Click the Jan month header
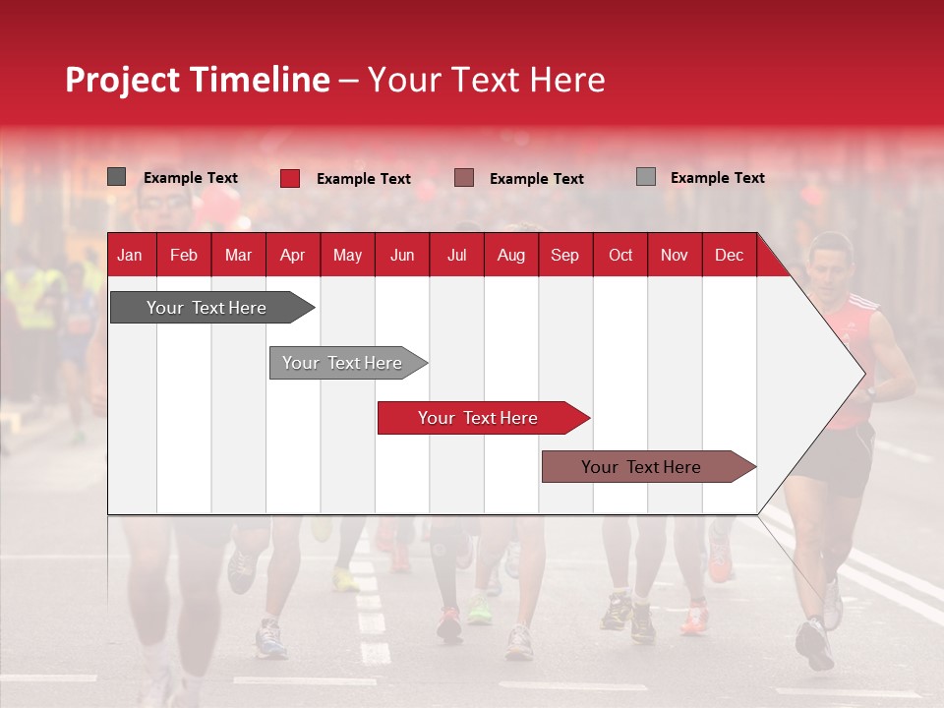coord(130,256)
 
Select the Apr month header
coord(292,256)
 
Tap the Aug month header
coord(510,256)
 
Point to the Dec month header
coord(729,256)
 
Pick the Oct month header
coord(619,256)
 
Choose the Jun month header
coord(401,256)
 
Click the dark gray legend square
coord(116,177)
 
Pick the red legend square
coord(290,178)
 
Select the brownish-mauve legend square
coord(464,178)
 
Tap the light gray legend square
coord(645,177)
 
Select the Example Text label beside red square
coord(363,179)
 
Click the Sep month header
coord(564,256)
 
